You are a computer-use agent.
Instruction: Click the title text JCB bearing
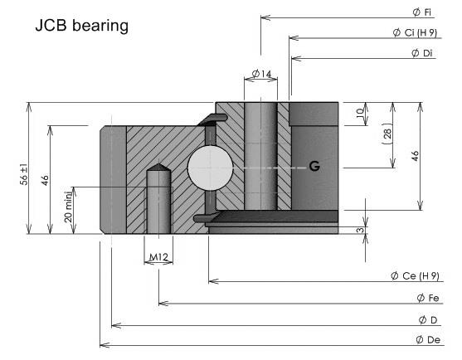(x=82, y=26)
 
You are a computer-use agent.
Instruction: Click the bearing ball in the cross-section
(x=210, y=168)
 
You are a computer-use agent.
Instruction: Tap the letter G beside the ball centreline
(x=314, y=167)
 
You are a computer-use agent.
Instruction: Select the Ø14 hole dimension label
(x=261, y=74)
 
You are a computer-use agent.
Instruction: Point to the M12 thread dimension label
(x=158, y=257)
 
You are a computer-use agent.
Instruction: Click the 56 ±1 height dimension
(x=24, y=174)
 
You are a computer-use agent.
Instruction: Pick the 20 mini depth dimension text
(x=68, y=207)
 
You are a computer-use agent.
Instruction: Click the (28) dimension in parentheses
(x=387, y=134)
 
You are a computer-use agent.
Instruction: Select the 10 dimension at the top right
(x=360, y=113)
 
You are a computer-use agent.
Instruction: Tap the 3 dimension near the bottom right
(x=361, y=230)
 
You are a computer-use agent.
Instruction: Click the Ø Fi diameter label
(x=422, y=12)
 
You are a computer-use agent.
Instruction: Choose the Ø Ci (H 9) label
(x=415, y=32)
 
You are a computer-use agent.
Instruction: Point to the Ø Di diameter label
(x=422, y=53)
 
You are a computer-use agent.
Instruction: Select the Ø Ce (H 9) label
(x=415, y=276)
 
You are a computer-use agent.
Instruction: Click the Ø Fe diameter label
(x=428, y=298)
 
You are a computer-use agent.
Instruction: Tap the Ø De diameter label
(x=428, y=340)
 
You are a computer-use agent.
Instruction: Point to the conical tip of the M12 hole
(x=158, y=163)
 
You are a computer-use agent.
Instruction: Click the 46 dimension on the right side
(x=415, y=156)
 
